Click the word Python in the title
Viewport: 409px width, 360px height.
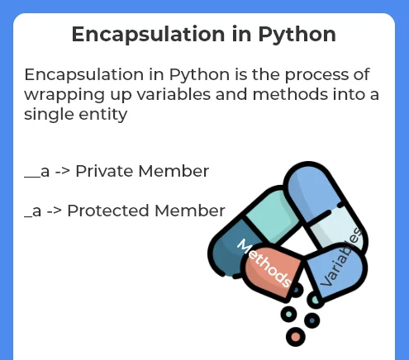[297, 35]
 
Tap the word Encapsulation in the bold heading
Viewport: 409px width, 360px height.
[149, 35]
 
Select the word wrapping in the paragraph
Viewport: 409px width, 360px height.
[64, 95]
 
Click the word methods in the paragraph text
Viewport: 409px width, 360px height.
[290, 94]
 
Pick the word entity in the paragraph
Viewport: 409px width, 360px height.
[103, 115]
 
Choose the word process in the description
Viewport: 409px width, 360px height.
[316, 75]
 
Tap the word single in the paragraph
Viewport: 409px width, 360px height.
[49, 115]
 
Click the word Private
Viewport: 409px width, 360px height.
[105, 171]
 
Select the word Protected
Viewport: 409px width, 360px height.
[108, 211]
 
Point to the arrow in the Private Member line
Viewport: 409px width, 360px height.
[63, 172]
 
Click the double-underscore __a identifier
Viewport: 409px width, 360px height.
[37, 172]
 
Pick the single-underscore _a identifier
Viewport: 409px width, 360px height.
[33, 211]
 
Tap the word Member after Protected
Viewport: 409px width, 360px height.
[190, 211]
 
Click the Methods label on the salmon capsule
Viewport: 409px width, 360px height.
[264, 263]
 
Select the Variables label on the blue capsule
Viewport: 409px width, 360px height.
[341, 257]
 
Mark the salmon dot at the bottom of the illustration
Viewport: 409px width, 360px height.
[296, 337]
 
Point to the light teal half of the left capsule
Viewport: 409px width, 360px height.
[271, 214]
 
